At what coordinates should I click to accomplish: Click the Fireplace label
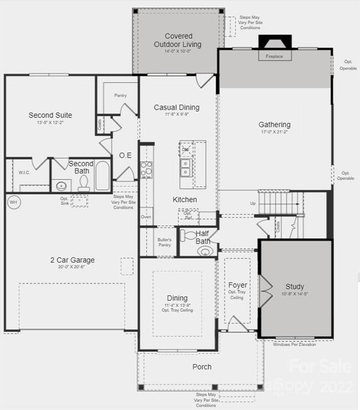(x=274, y=57)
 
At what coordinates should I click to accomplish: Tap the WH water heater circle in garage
(x=13, y=203)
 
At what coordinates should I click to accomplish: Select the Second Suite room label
(x=50, y=115)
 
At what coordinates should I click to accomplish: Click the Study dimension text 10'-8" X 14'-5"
(x=295, y=294)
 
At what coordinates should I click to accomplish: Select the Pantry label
(x=121, y=95)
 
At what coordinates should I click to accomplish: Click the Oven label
(x=146, y=217)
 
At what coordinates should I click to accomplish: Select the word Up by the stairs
(x=253, y=203)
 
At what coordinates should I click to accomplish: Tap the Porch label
(x=202, y=366)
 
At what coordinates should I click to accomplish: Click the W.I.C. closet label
(x=24, y=172)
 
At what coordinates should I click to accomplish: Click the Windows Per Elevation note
(x=295, y=344)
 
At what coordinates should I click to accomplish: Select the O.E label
(x=125, y=156)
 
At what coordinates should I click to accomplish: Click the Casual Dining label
(x=176, y=107)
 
